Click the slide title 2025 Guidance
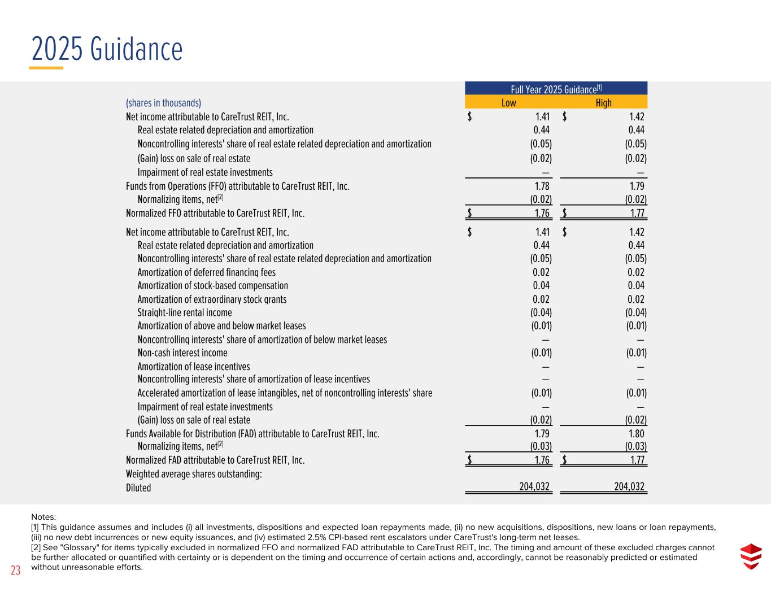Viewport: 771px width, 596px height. (107, 49)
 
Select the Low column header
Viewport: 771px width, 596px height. (508, 102)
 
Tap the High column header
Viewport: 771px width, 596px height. (603, 102)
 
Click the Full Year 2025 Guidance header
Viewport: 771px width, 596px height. (556, 89)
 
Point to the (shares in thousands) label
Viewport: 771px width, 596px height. (163, 103)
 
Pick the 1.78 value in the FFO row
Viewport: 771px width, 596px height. (542, 186)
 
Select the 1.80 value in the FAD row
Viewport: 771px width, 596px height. (636, 434)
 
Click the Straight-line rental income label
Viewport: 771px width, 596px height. (185, 312)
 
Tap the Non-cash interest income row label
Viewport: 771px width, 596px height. (182, 353)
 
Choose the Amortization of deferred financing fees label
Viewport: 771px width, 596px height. (207, 272)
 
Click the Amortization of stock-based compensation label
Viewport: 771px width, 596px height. (213, 286)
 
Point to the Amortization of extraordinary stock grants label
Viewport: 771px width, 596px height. (212, 299)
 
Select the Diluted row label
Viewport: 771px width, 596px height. (138, 488)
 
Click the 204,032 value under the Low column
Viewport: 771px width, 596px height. (534, 487)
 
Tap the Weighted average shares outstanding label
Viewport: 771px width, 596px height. (194, 474)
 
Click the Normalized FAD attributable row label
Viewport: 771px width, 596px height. (215, 460)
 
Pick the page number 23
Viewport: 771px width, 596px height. (15, 571)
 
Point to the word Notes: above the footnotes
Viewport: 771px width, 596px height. (43, 516)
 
